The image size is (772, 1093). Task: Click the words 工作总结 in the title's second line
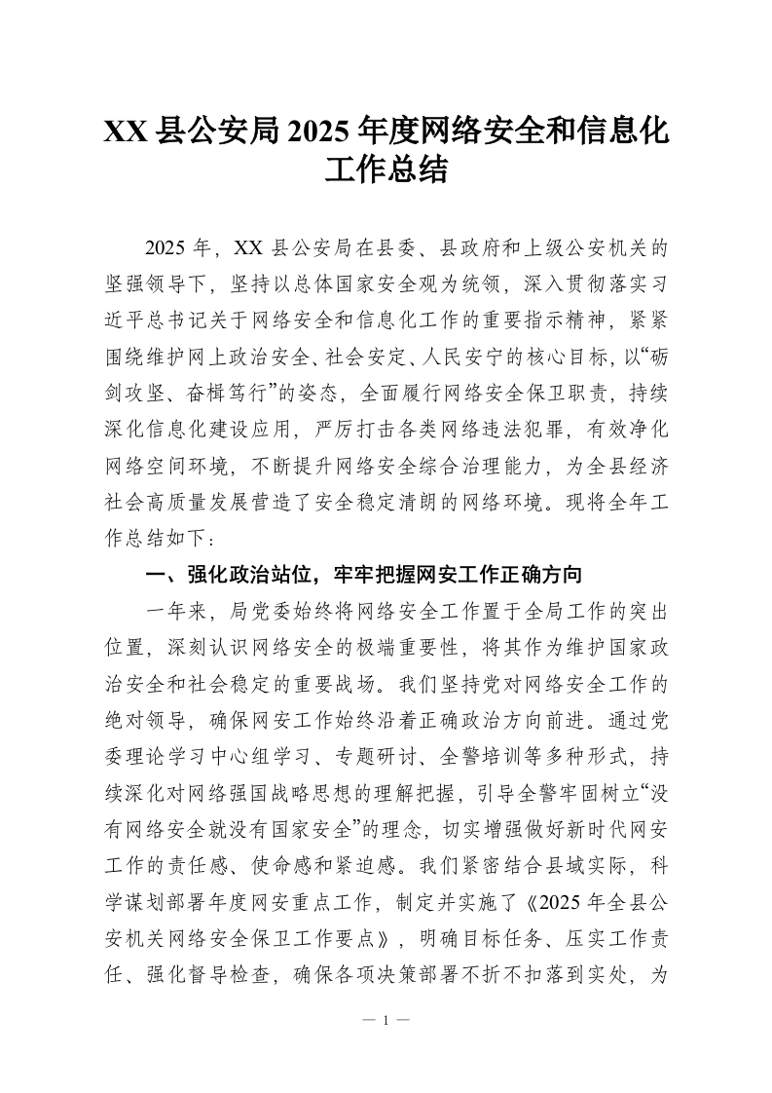pos(386,171)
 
